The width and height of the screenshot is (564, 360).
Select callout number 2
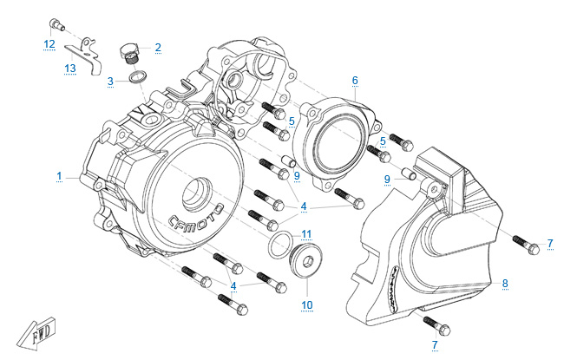click(x=158, y=47)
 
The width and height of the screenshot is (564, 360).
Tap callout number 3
click(x=111, y=82)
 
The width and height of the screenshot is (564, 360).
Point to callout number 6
click(x=355, y=81)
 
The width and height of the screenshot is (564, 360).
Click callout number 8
click(x=505, y=283)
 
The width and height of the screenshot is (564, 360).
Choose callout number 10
click(x=305, y=304)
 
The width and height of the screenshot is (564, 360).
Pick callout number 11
click(x=305, y=234)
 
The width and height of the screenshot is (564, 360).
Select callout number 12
click(x=49, y=43)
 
